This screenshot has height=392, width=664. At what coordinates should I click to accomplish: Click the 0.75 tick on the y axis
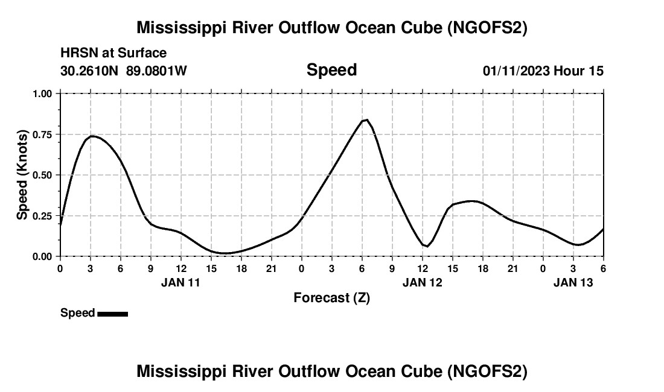tap(44, 134)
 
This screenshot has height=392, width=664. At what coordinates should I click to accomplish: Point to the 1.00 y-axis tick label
tap(44, 93)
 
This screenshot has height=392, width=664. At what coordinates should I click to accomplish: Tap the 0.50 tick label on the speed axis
tap(44, 175)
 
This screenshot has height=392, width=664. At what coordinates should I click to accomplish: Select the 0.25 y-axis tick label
tap(44, 216)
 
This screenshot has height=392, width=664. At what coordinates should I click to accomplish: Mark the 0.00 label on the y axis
tap(44, 256)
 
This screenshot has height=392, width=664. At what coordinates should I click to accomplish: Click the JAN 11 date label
tap(180, 282)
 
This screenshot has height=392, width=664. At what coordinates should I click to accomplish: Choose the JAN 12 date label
tap(423, 282)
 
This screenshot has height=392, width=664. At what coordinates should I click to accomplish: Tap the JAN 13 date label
tap(573, 282)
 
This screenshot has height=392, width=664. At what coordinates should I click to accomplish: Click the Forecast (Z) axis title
tap(331, 297)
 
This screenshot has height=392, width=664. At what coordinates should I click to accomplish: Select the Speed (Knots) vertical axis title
tap(23, 175)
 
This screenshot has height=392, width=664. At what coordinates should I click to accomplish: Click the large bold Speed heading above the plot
tap(331, 70)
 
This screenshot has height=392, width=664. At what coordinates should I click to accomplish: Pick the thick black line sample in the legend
tap(112, 314)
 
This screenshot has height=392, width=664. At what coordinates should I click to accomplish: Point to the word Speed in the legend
tap(77, 313)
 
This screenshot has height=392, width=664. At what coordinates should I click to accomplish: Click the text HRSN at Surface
tap(113, 54)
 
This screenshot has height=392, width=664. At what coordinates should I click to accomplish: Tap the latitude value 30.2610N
tap(90, 71)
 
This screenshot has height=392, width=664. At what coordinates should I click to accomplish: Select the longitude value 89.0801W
tap(156, 71)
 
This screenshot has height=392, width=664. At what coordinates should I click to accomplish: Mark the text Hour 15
tap(578, 71)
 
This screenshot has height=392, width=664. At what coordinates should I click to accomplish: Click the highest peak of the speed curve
tap(366, 119)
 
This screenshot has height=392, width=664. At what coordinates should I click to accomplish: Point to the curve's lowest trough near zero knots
tap(224, 253)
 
